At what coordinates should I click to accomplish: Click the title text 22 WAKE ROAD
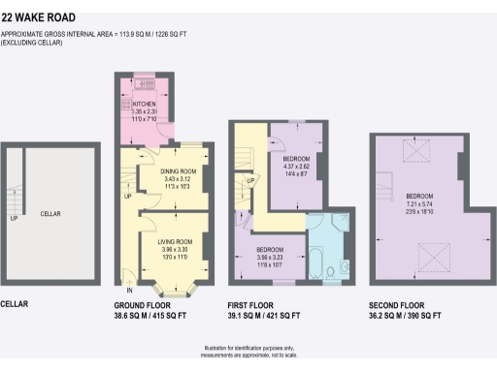40,17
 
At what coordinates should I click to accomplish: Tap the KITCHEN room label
144,104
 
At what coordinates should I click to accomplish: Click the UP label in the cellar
13,218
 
